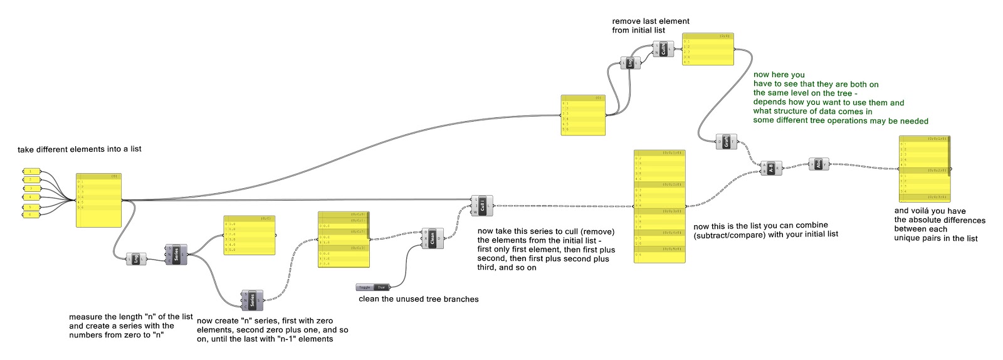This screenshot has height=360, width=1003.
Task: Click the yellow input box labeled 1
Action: click(31, 171)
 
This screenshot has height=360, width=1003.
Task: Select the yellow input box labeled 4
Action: click(31, 197)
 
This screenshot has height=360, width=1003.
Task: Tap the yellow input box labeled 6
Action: click(31, 214)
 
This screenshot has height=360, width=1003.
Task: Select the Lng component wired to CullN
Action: click(630, 63)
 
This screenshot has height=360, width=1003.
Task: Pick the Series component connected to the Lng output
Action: click(176, 254)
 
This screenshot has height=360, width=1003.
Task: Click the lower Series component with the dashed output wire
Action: click(253, 300)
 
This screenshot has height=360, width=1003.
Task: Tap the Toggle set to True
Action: click(373, 287)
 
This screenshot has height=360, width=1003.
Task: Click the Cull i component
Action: click(482, 206)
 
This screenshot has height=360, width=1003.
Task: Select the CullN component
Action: click(663, 49)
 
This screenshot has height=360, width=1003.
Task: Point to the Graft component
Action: click(727, 142)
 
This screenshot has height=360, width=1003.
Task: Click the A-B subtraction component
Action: click(771, 168)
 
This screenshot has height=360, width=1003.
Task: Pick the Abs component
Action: click(819, 164)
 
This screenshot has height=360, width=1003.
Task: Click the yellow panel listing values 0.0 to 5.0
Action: click(249, 236)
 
